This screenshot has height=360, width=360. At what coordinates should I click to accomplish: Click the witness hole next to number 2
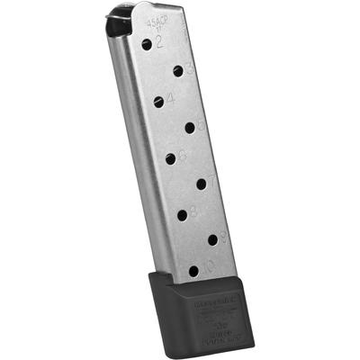coord(147,43)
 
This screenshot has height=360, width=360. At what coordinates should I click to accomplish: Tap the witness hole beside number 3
coord(178,69)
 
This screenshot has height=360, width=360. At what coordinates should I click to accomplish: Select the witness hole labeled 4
coord(158,102)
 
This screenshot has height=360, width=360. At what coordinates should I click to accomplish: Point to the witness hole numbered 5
coord(190,127)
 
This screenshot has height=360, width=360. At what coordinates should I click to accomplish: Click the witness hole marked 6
coord(170,159)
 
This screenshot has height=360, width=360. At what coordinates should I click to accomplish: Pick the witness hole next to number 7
coord(201,184)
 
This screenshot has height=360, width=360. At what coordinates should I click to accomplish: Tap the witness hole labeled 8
coord(182,214)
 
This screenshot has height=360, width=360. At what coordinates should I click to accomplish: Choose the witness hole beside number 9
coord(213,239)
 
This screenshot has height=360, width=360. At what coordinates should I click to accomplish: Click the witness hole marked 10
coord(193,270)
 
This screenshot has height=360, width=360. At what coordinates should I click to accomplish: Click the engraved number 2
coord(158,41)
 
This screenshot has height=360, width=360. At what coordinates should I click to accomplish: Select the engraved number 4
coord(170,98)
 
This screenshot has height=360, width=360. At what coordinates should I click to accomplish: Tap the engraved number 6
coord(182,156)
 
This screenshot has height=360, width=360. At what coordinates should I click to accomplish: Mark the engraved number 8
coord(193,211)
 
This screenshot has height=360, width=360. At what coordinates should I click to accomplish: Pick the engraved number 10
coord(207,266)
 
